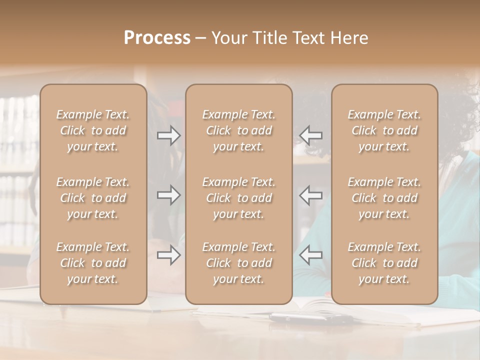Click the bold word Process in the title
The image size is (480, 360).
click(157, 38)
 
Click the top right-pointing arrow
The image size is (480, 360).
click(168, 135)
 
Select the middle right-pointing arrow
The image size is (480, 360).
click(168, 195)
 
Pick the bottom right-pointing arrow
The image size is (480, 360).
click(168, 255)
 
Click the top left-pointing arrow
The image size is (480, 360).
click(310, 135)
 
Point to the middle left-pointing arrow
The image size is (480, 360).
click(310, 195)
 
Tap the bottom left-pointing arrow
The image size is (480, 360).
click(310, 255)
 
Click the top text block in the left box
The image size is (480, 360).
click(93, 130)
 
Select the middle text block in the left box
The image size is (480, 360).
click(93, 198)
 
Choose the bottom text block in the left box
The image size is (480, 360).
click(93, 263)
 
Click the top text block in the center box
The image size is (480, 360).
click(238, 130)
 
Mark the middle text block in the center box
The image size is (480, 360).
click(238, 198)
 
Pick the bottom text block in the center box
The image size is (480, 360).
click(238, 263)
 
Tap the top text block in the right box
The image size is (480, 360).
click(384, 130)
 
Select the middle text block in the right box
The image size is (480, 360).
click(384, 198)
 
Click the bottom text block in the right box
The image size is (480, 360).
click(384, 263)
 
